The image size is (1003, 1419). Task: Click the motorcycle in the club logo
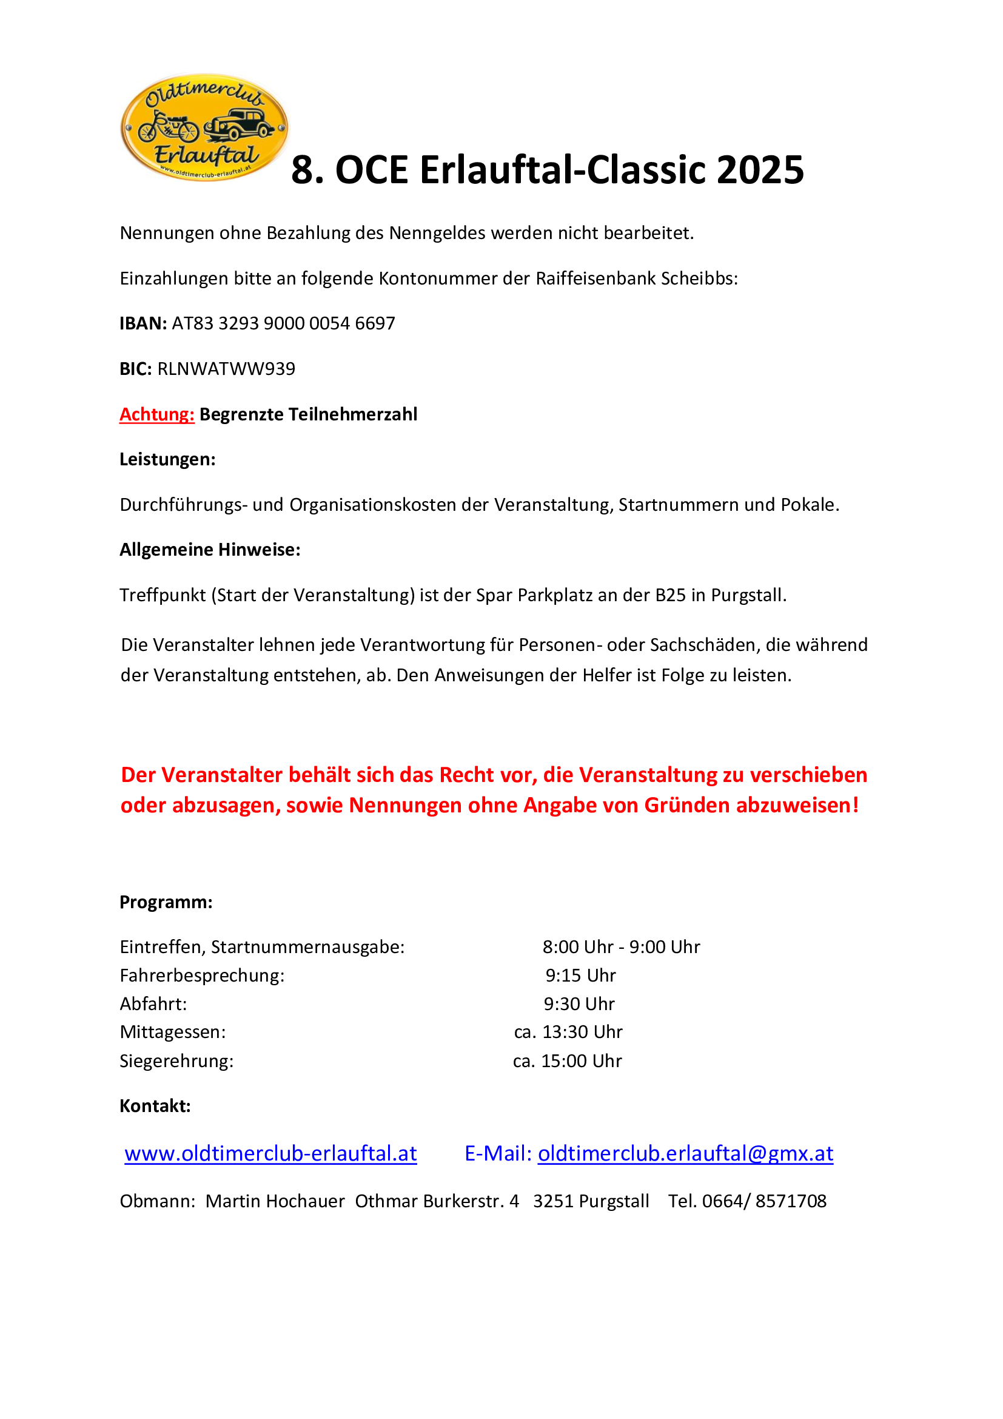[168, 126]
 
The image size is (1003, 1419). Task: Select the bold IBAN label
[143, 323]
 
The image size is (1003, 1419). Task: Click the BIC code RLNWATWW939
[226, 369]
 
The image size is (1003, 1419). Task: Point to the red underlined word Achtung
[157, 414]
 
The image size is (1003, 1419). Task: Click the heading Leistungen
[167, 459]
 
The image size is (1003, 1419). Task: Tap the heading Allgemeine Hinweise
[210, 550]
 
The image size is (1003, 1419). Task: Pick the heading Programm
[166, 902]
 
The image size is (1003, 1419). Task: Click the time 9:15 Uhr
[580, 976]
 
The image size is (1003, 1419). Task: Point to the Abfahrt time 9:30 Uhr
[579, 1003]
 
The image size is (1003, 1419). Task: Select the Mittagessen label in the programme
[173, 1032]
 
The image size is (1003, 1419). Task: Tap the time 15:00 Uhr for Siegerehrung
[581, 1061]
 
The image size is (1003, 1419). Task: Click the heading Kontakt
[155, 1106]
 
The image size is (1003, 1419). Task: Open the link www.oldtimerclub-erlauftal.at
[270, 1153]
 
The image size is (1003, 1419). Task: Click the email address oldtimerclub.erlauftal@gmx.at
[686, 1153]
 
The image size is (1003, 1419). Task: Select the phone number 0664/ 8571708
[764, 1201]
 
